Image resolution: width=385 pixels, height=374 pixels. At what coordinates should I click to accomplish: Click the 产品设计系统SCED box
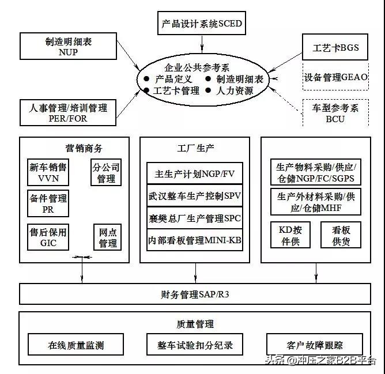(x=202, y=24)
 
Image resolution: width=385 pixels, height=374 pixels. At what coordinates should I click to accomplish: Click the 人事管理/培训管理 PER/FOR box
(x=68, y=112)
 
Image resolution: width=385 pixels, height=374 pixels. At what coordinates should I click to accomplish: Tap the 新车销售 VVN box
(x=48, y=172)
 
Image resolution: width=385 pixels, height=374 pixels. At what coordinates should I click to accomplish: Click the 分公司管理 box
(x=107, y=172)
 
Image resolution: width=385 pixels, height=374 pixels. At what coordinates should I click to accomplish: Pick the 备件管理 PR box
(x=48, y=203)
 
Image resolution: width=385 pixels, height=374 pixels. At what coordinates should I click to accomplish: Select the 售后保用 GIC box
(x=48, y=237)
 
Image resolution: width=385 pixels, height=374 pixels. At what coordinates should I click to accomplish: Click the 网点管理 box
(x=108, y=237)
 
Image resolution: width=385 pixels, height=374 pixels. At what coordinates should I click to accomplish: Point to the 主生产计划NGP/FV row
(x=194, y=173)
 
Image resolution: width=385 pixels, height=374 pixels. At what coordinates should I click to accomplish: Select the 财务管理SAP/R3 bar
(x=194, y=295)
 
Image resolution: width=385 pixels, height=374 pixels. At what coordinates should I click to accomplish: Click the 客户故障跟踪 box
(x=314, y=345)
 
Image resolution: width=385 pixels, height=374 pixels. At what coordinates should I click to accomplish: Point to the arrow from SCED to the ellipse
(x=202, y=43)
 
